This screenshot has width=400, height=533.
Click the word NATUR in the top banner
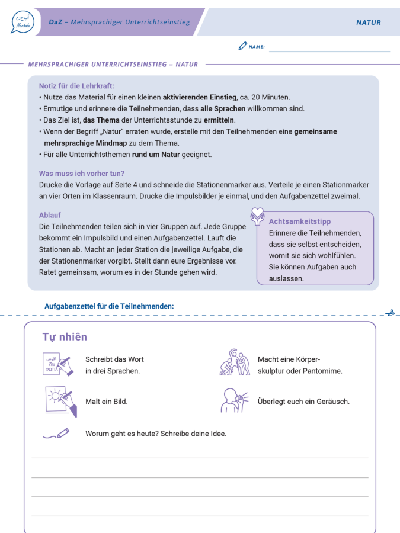(x=368, y=23)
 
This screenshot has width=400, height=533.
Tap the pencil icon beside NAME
(x=242, y=46)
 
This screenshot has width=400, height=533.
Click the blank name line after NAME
(x=329, y=50)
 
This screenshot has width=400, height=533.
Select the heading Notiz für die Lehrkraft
(x=76, y=86)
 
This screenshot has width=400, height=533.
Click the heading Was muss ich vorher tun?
(x=82, y=174)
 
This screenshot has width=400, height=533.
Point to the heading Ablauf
(x=50, y=216)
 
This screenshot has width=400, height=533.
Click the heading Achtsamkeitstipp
(x=300, y=221)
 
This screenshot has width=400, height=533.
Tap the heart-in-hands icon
(x=257, y=216)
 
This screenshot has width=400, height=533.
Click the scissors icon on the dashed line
(x=389, y=313)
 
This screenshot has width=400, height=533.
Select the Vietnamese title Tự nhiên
(x=65, y=337)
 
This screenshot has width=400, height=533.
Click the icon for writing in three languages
(x=58, y=364)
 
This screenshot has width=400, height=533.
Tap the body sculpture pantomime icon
(x=232, y=362)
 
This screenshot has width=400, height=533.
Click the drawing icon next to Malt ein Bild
(x=60, y=401)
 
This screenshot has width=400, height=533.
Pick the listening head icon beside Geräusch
(x=233, y=401)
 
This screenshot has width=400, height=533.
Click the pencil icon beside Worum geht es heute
(x=56, y=434)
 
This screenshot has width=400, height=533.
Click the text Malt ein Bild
(x=106, y=401)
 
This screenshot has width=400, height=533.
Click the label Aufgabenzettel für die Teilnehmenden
(x=109, y=306)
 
